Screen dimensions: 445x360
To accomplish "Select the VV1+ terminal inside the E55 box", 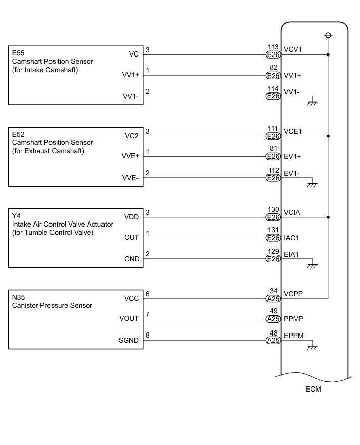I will coord(131,75).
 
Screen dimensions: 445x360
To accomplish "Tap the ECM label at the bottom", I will coord(313,390).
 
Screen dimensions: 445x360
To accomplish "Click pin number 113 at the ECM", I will coord(273,47).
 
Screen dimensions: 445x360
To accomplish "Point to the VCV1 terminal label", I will coord(293,54).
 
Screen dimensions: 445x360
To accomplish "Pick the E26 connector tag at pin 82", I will coord(273,76).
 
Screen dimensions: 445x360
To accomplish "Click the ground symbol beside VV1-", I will coord(313,103).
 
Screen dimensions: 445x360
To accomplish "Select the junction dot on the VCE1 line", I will coord(328,136).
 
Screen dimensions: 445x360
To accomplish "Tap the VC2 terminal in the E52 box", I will coord(131,136).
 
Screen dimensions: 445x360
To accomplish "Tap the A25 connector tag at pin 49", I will coord(273,319).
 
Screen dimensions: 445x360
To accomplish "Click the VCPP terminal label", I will coord(293,298).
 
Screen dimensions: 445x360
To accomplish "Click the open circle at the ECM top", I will coord(328,35).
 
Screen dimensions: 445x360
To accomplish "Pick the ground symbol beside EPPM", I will coord(313,348).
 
